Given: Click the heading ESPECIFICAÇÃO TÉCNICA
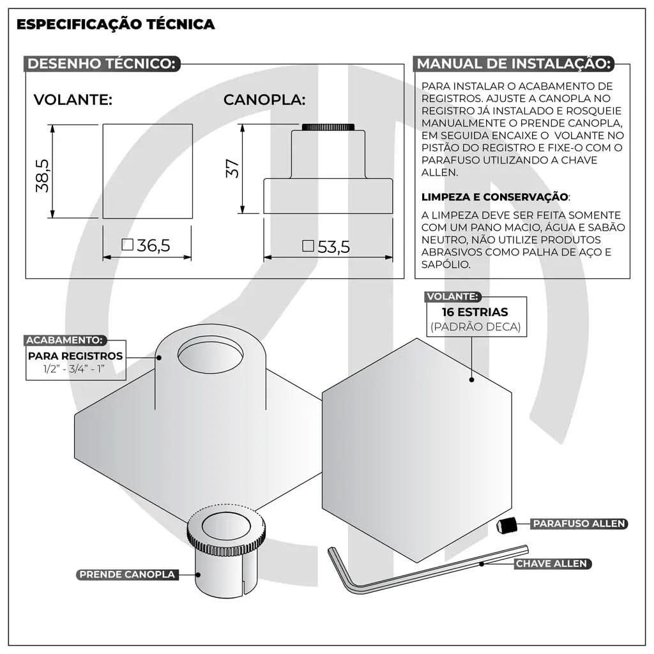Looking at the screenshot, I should pos(115,25).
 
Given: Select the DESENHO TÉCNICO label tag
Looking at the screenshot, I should pos(102,64).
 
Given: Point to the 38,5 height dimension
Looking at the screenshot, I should pos(43,174).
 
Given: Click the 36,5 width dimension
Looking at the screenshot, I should pos(147,246).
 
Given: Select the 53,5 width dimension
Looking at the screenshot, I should pos(327,247).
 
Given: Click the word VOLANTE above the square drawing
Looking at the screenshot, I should pos(73,100).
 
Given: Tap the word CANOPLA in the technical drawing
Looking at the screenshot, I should pos(264,100).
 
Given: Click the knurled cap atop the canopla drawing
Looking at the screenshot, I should pos(328,126).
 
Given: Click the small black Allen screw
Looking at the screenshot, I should pos(505,526).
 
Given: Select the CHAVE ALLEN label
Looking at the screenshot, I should pos(551,564).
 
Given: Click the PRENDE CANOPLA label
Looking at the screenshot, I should pos(127,574).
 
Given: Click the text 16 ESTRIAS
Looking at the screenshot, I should pos(475,312).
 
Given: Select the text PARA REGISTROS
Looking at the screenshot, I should pos(75,356).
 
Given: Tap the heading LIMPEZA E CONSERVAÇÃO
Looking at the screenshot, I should pos(494,197).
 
